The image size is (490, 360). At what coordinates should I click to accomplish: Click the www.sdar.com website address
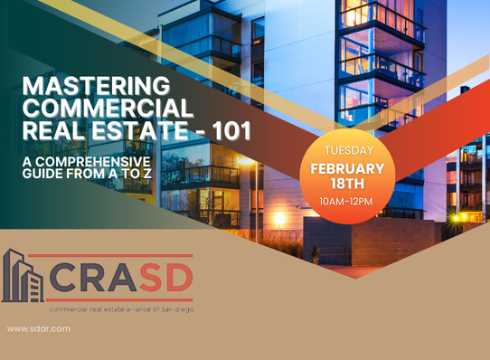(x=39, y=328)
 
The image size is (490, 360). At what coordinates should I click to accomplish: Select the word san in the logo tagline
(x=168, y=309)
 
